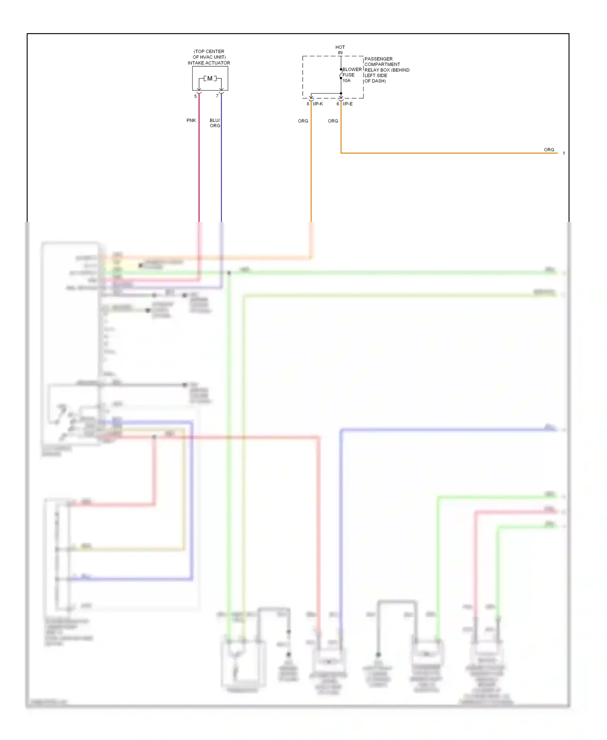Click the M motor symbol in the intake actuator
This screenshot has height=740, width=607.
point(210,79)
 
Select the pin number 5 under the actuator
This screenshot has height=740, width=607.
point(195,96)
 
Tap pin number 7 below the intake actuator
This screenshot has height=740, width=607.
point(217,96)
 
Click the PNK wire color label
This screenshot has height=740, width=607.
point(191,121)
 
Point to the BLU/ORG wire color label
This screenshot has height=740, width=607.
point(215,123)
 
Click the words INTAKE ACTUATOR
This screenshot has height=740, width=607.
point(209,63)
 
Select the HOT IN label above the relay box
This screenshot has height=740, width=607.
point(340,50)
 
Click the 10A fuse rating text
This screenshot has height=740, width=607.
point(346,81)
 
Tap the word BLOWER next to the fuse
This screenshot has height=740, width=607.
point(352,70)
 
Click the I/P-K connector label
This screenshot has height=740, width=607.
point(318,104)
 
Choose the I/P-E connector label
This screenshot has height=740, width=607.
point(348,104)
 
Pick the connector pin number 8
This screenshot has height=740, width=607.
point(308,104)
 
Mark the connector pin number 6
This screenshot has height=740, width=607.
point(338,104)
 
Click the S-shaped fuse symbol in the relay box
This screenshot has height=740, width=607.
point(341,75)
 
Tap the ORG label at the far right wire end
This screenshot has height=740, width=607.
point(549,150)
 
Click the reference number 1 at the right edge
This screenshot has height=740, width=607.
point(564,153)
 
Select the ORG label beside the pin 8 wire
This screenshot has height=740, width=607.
point(303,121)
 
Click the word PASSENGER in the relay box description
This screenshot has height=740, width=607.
point(378,59)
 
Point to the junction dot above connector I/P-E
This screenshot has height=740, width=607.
point(341,94)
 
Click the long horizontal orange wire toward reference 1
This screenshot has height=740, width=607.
point(445,153)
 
